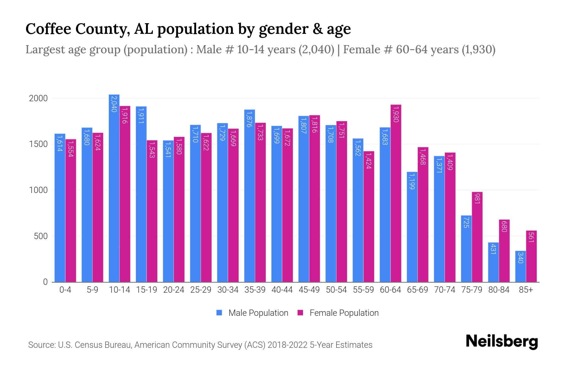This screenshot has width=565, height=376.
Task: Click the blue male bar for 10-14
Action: click(x=114, y=188)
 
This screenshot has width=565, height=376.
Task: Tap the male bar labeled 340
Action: click(x=520, y=266)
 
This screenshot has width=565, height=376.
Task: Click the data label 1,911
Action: click(x=141, y=115)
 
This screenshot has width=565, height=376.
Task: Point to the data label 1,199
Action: click(x=412, y=181)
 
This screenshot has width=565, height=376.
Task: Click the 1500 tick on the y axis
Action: click(x=38, y=144)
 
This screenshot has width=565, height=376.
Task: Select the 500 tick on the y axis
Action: click(x=40, y=236)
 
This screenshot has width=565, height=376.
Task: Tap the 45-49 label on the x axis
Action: click(x=309, y=290)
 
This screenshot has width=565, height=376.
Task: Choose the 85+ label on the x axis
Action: click(x=526, y=290)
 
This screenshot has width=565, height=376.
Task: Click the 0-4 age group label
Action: click(x=65, y=290)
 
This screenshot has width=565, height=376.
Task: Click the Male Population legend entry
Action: click(x=258, y=313)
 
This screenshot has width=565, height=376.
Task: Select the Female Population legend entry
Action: click(x=344, y=313)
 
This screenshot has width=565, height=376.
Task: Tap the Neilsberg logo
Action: click(x=502, y=342)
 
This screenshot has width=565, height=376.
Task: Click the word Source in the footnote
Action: click(x=41, y=345)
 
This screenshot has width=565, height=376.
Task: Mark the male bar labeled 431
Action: click(x=493, y=262)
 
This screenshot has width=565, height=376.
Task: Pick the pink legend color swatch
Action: click(x=300, y=313)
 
